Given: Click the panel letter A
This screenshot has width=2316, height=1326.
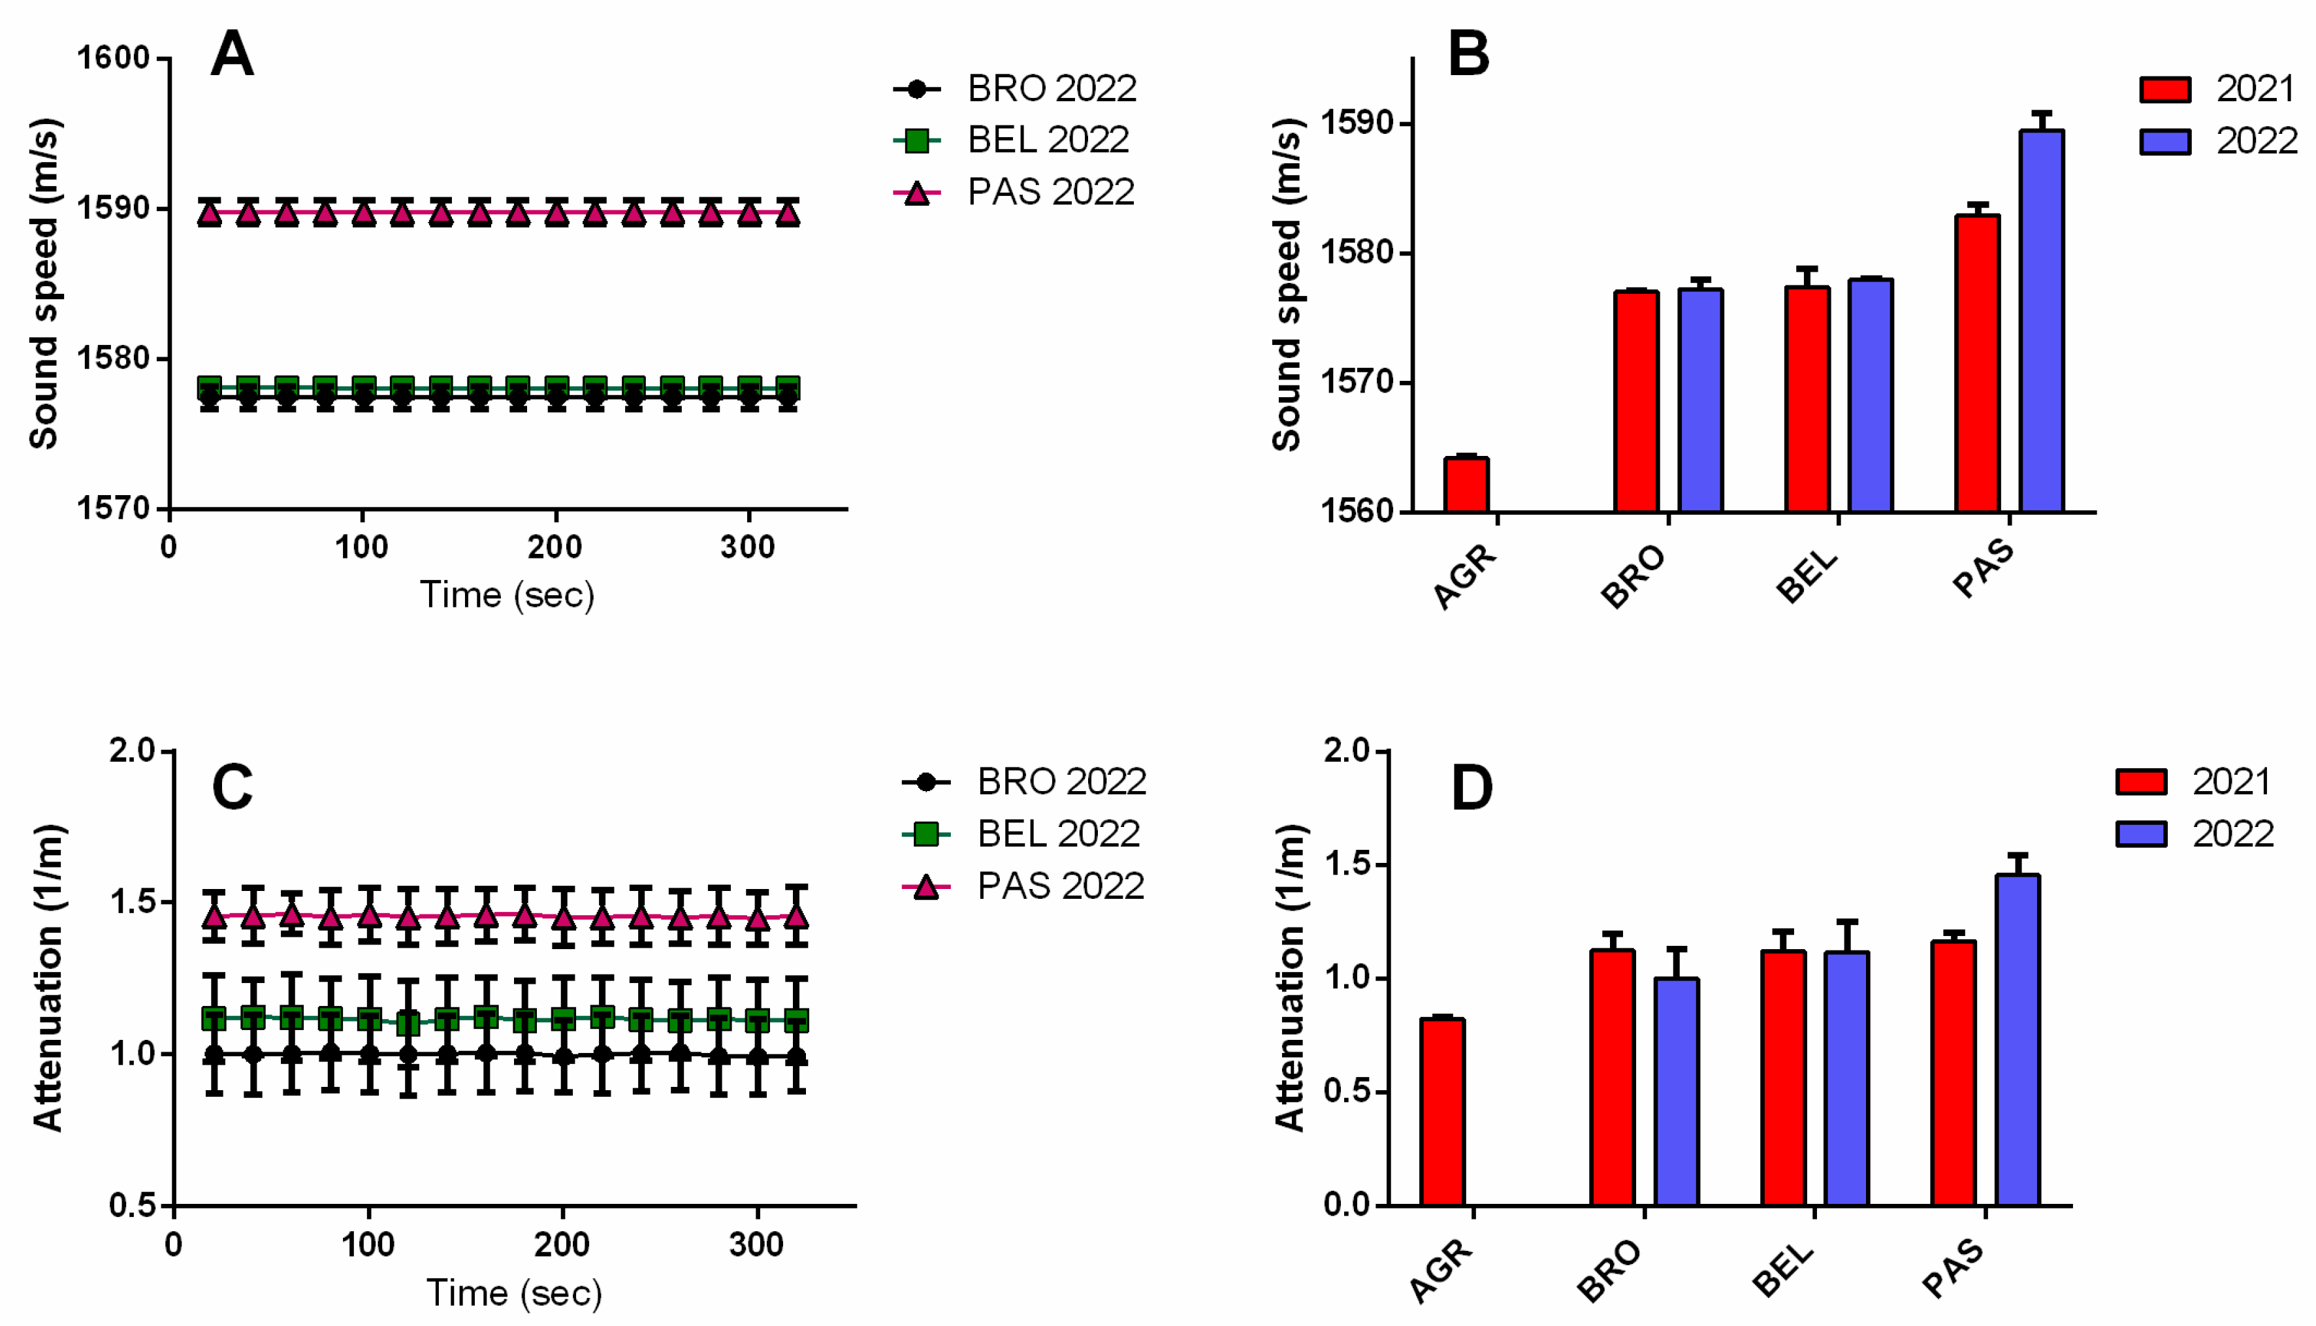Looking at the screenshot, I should point(231,55).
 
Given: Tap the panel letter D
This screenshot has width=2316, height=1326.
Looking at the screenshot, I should point(1471,788).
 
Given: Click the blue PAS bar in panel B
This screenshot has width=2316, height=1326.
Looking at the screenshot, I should point(2041,321).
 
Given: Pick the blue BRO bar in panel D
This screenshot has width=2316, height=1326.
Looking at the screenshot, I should point(1676,1091).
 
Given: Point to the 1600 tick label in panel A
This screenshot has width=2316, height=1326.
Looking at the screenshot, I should point(113,58).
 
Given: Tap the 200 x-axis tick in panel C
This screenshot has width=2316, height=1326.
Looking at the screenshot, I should point(562,1244).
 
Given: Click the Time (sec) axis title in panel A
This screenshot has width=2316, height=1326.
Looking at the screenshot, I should point(507,594).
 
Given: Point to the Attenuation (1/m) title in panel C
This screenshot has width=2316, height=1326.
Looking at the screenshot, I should point(47,977).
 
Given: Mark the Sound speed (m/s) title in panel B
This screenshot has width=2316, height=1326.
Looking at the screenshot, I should point(1287,284).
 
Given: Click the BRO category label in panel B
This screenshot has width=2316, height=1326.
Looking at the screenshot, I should point(1633,577).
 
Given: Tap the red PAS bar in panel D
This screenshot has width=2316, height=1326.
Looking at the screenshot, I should point(1953,1072).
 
